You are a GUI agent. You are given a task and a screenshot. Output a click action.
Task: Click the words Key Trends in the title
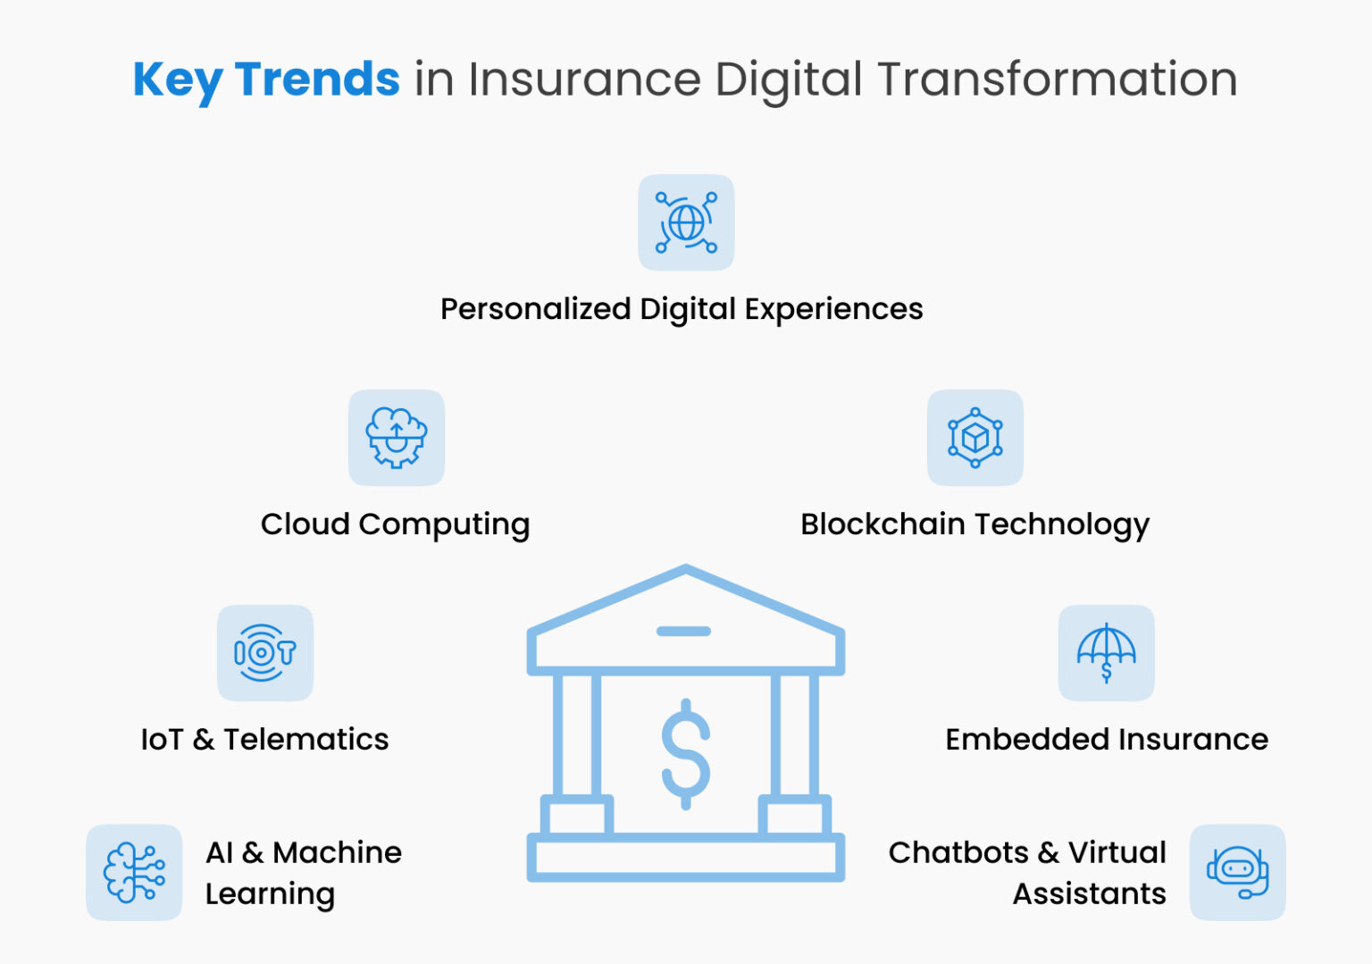[x=266, y=80]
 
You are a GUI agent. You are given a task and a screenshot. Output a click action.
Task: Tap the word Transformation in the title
[x=1058, y=80]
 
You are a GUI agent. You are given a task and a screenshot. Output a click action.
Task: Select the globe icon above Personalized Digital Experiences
[x=686, y=222]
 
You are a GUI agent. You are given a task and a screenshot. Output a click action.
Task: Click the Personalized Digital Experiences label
[x=682, y=309]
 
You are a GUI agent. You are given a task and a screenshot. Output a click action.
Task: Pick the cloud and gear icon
[x=397, y=438]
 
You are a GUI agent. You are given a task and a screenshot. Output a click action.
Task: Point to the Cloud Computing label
[x=395, y=524]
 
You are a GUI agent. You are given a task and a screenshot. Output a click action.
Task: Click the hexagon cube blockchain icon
[x=975, y=438]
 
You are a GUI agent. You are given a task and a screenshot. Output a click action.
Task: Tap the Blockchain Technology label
[x=975, y=524]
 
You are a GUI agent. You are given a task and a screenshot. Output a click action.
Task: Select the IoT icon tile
[x=265, y=653]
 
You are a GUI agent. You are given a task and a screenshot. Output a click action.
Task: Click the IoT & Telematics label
[x=264, y=740]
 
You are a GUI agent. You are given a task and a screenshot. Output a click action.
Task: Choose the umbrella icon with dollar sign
[x=1107, y=653]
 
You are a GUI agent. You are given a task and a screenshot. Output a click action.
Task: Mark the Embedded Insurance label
[x=1107, y=740]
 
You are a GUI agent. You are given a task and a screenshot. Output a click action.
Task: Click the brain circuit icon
[x=134, y=872]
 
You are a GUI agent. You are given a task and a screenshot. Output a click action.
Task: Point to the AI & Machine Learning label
[x=303, y=873]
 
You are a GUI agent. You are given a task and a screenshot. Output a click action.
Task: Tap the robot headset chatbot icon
[x=1238, y=872]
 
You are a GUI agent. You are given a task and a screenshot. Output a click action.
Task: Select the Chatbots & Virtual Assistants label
[x=1027, y=873]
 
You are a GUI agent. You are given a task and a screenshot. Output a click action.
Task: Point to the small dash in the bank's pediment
[x=683, y=632]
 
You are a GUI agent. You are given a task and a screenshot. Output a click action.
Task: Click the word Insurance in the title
[x=584, y=80]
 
